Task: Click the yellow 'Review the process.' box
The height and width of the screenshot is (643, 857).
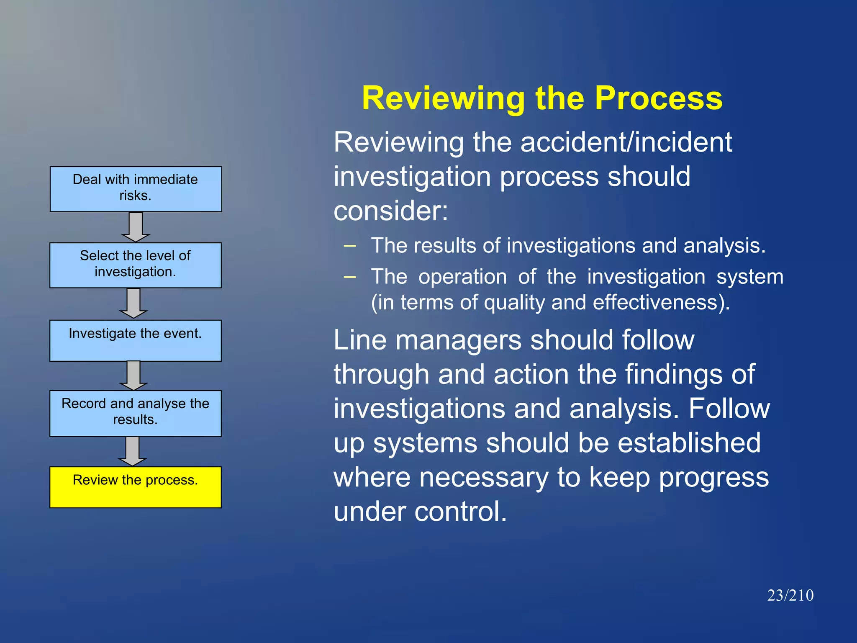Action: coord(135,487)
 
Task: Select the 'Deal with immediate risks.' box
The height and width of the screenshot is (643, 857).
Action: coord(136,189)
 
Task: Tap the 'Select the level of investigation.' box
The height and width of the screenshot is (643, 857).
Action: coord(135,265)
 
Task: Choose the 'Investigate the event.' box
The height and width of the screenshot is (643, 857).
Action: coord(135,340)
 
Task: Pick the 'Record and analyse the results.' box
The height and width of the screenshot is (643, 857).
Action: coord(135,413)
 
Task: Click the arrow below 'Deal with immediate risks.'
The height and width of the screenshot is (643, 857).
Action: coord(136,226)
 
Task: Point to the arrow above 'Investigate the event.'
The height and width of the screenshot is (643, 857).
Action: coord(133,303)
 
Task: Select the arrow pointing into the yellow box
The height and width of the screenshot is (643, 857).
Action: coord(133,451)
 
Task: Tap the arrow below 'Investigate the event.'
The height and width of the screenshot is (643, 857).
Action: coord(133,375)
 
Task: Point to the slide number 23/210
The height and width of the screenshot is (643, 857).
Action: coord(790,595)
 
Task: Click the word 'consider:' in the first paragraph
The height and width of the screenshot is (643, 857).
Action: coord(390,210)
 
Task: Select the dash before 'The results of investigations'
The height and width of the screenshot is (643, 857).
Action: coord(350,246)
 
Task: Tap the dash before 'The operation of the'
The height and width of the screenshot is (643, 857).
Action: coord(350,277)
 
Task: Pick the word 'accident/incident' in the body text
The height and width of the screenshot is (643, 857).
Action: coord(626,142)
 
